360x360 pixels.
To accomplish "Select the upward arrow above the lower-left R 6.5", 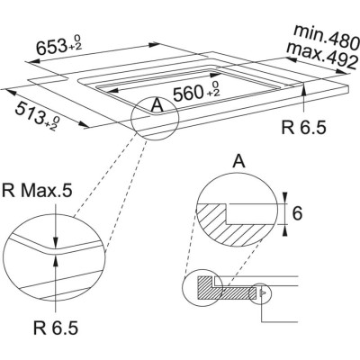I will coord(56,261).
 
